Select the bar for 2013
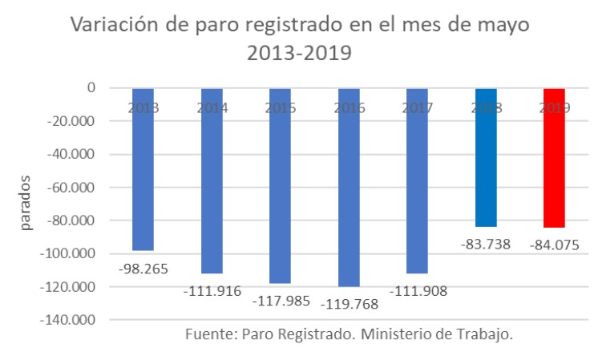[x=143, y=169]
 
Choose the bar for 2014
[x=212, y=180]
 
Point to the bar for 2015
[x=280, y=185]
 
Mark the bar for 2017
[x=417, y=180]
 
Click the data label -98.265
[x=143, y=268]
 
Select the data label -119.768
[x=348, y=304]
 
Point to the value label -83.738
[x=485, y=245]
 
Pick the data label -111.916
[x=212, y=290]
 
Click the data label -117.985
[x=280, y=302]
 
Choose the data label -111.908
[x=417, y=290]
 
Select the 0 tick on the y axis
[x=92, y=87]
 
